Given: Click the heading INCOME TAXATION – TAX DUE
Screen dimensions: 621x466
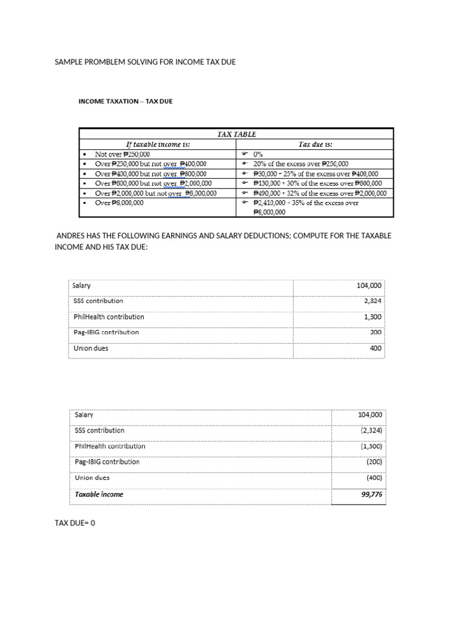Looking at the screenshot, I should tap(126, 101).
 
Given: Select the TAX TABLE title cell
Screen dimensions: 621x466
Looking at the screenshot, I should tap(236, 134).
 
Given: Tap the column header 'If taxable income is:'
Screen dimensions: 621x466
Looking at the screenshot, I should tap(158, 144).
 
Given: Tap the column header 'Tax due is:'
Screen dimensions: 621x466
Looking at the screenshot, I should tap(316, 144).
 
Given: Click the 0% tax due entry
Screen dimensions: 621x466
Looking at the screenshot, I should tap(258, 154).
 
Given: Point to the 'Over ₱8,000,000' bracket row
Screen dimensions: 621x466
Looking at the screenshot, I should tap(120, 203).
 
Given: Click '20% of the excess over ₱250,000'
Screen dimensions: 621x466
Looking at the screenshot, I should tap(301, 164).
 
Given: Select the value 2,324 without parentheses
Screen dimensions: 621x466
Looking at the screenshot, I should tap(372, 301).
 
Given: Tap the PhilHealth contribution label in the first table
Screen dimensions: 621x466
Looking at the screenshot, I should tap(109, 317).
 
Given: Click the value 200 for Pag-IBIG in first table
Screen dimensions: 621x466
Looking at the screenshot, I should tap(376, 332).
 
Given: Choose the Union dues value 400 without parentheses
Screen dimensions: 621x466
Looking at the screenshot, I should tap(376, 349).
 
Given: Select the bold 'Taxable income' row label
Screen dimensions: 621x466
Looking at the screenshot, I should tap(99, 494).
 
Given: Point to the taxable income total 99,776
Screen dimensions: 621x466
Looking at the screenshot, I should tap(371, 494).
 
